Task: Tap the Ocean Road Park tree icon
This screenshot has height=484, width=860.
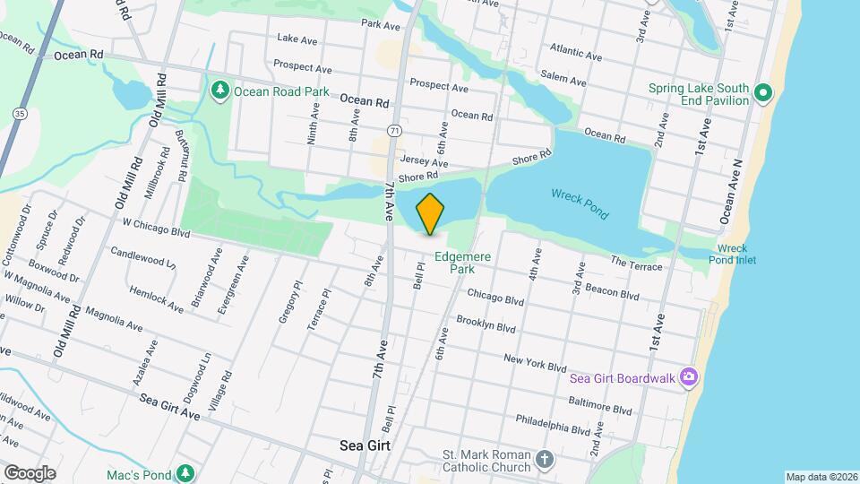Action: (220, 91)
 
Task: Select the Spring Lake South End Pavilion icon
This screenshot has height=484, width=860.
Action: (762, 92)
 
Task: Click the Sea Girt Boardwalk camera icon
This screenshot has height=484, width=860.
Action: (688, 377)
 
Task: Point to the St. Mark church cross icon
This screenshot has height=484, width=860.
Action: (545, 462)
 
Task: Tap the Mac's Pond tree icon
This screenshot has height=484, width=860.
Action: (185, 471)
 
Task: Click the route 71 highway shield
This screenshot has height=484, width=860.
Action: (394, 131)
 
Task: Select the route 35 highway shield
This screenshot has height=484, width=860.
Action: (19, 113)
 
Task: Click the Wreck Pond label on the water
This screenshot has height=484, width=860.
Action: (580, 203)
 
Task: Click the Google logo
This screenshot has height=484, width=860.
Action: (30, 472)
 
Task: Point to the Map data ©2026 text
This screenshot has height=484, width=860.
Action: (821, 477)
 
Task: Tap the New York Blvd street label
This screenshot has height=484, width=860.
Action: (535, 362)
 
